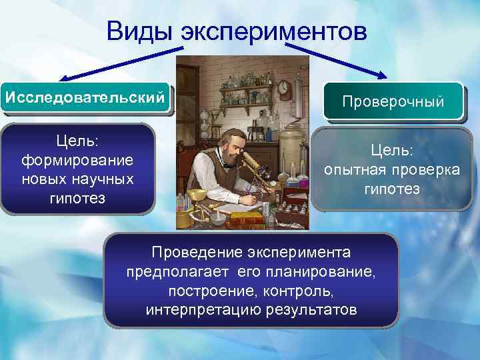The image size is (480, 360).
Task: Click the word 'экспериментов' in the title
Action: coord(274,31)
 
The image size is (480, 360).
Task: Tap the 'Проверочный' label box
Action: coord(393,102)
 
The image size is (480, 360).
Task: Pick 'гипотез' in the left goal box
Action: coord(77,197)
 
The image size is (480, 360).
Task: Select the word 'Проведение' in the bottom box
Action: coord(191,253)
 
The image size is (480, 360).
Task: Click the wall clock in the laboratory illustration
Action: coord(284,87)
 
